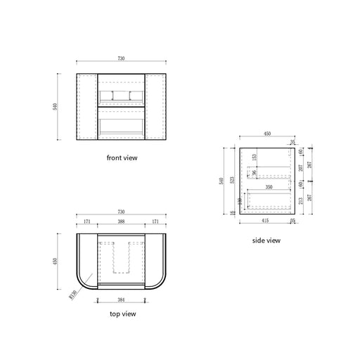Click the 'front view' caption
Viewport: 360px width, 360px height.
(122, 158)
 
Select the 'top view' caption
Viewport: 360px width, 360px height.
(122, 314)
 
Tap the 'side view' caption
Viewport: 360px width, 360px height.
(266, 240)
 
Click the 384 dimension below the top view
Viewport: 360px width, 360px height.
(122, 299)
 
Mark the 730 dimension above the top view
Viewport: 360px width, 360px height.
(122, 211)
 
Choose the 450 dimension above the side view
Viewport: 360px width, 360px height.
(266, 132)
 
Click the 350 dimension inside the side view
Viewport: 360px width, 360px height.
(269, 187)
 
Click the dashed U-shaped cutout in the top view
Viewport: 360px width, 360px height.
(122, 255)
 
